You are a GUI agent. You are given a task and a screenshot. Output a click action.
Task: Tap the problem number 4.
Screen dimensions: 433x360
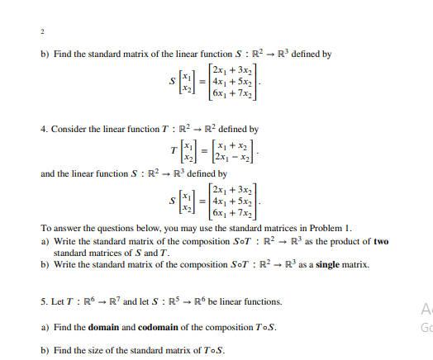[43, 130]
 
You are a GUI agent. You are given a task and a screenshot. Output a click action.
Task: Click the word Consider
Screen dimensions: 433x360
[69, 130]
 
